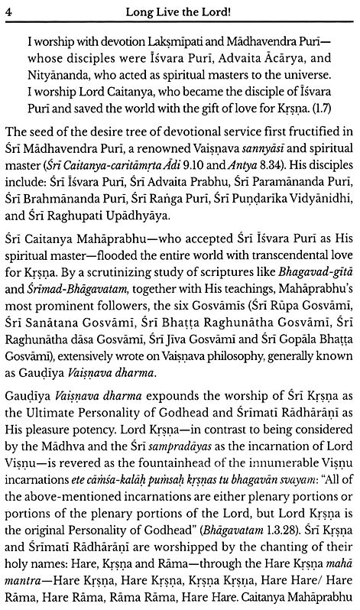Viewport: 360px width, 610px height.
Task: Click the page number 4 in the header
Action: pos(6,8)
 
